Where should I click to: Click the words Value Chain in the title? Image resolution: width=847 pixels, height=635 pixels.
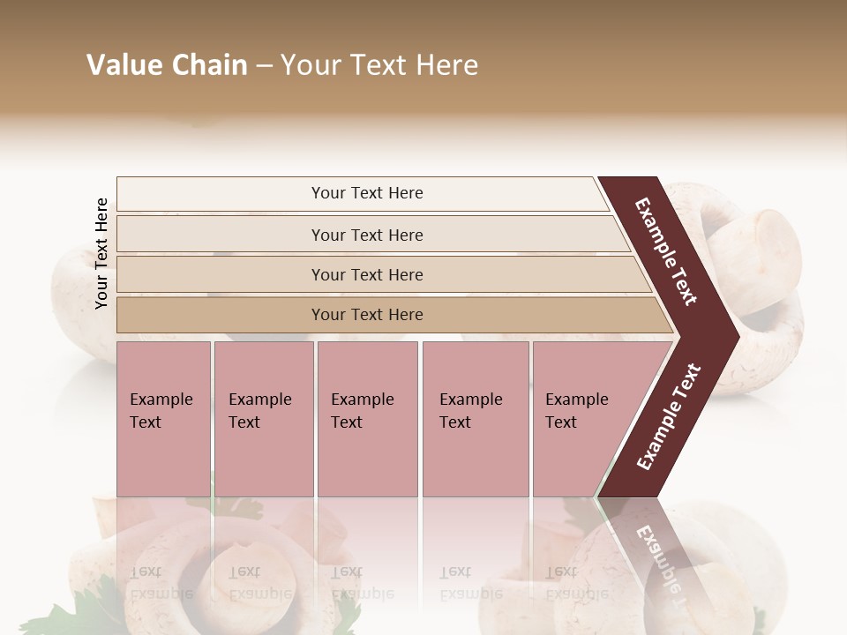[x=167, y=65]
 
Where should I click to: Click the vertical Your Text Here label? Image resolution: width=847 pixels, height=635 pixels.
[x=101, y=253]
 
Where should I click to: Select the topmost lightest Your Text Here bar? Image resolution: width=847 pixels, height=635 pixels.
[x=366, y=193]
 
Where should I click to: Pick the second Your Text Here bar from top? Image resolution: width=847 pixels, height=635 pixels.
[x=366, y=235]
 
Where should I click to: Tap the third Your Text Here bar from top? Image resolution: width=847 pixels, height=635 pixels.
[x=366, y=274]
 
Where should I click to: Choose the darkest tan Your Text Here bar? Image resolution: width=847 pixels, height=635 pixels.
[x=366, y=315]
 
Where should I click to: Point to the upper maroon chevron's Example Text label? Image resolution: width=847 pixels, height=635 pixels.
[x=666, y=251]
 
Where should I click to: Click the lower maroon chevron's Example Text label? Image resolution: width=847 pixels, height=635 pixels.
[x=669, y=417]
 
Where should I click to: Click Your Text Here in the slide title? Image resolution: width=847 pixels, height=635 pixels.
[x=379, y=65]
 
